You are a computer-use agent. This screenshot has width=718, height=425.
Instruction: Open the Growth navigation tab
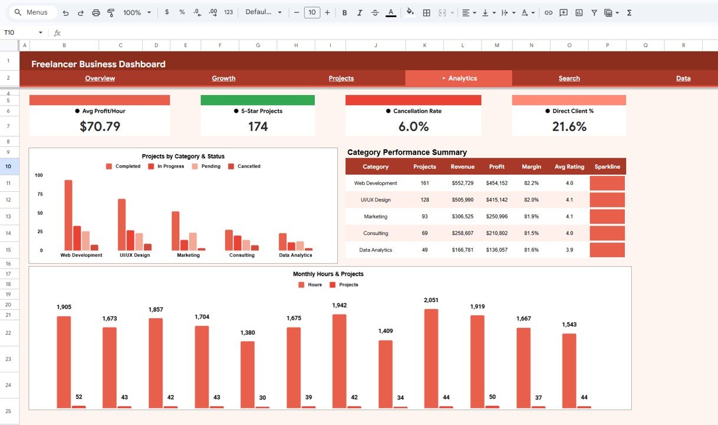223,78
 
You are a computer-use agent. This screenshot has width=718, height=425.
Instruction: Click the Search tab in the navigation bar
569,78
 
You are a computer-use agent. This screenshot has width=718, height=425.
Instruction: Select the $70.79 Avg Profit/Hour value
100,126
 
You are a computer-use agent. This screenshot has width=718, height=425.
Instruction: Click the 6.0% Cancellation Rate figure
413,126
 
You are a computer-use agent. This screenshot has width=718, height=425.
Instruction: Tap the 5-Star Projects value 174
258,126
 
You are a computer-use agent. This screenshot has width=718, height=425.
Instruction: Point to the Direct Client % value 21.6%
569,126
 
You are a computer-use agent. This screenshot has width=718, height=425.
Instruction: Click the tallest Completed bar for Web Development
68,215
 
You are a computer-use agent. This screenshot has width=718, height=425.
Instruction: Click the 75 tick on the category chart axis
39,194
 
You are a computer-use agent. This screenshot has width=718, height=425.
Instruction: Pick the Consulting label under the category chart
242,255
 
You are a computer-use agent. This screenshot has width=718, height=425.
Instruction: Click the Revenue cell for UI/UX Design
462,200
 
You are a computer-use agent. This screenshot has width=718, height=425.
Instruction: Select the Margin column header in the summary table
531,166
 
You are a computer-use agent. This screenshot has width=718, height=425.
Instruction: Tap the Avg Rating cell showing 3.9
569,250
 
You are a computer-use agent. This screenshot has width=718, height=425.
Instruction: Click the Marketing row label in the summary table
376,217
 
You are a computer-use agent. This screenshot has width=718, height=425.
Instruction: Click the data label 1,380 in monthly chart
248,333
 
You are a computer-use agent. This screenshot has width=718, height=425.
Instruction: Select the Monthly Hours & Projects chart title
328,274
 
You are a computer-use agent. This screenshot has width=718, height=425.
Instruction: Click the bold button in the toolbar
344,12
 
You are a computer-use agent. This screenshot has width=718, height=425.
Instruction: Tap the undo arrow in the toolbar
65,12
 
